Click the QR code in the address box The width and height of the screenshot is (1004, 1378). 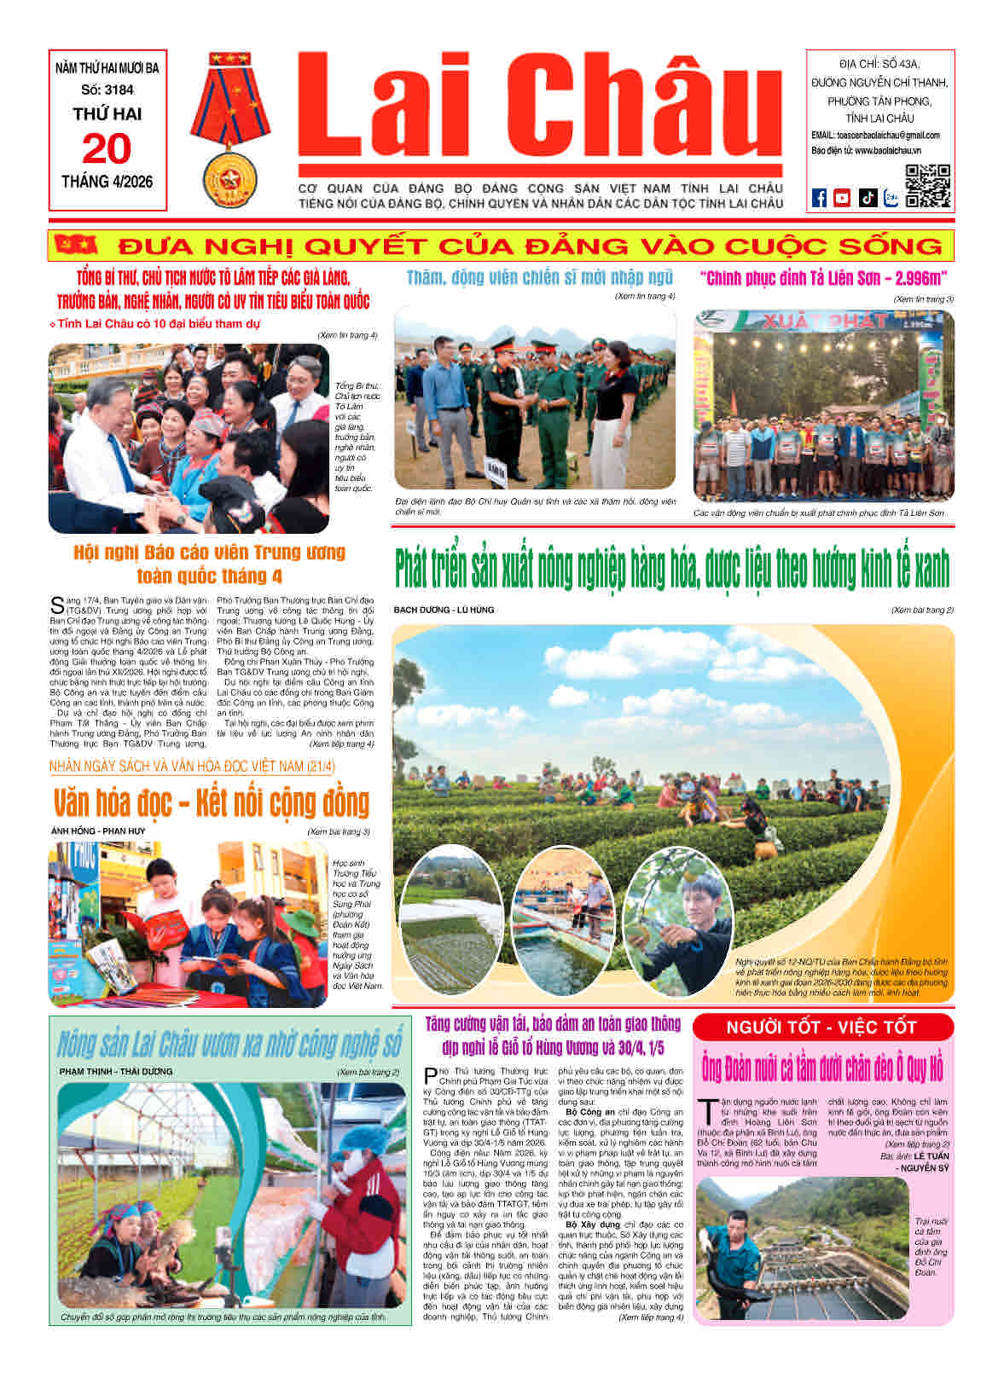click(927, 186)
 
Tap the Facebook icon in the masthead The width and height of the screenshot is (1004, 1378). click(819, 198)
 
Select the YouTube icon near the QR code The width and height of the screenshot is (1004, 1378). click(842, 198)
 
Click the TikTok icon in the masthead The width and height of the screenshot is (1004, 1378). click(868, 198)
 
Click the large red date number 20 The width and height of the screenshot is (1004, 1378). click(107, 149)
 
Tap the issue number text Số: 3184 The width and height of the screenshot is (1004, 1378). click(107, 90)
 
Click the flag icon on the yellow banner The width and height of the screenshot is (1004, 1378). click(76, 246)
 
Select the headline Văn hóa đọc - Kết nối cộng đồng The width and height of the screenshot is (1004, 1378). click(211, 803)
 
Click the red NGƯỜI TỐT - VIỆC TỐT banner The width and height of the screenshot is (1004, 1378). click(822, 1027)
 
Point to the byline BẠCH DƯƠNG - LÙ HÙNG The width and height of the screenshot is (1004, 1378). click(444, 610)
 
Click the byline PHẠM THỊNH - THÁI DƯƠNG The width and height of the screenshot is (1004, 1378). click(116, 1071)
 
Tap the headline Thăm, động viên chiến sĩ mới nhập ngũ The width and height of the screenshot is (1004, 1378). click(539, 277)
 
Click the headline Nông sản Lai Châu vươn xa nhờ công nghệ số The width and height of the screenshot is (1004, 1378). click(229, 1044)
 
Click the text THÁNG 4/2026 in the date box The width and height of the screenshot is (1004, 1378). click(107, 182)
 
